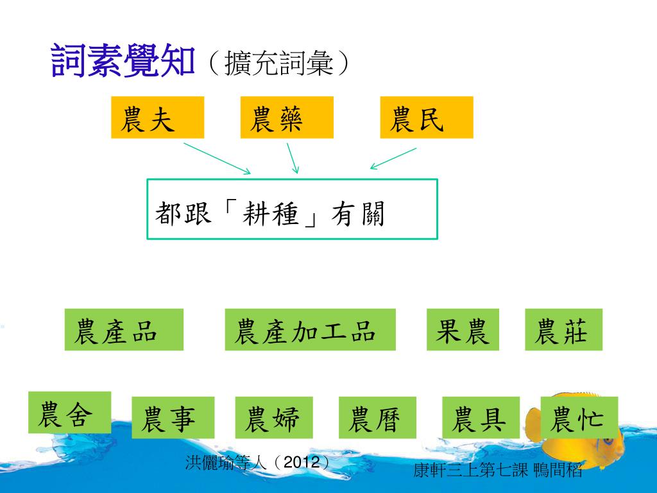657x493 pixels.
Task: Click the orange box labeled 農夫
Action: coord(157,117)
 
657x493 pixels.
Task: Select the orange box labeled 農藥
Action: coord(287,117)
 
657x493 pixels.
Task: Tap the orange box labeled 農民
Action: coord(426,117)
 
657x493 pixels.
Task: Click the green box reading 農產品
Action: coord(124,329)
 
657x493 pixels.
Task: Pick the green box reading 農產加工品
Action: coord(310,329)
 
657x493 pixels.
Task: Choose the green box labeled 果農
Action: coord(462,329)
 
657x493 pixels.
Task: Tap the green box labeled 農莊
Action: coord(563,329)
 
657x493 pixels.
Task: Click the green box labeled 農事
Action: coord(173,417)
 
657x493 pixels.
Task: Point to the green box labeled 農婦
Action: coord(274,417)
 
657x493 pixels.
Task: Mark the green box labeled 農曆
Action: coord(377,417)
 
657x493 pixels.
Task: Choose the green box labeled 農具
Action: coord(481,417)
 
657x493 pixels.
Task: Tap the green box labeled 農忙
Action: coord(579,417)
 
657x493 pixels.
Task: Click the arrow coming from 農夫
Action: coord(217,158)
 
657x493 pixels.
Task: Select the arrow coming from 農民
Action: coord(393,159)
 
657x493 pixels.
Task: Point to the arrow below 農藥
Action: coord(293,158)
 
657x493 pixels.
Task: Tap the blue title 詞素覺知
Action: coord(122,61)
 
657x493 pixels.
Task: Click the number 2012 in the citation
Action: coord(301,462)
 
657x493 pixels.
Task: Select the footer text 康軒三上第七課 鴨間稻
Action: coord(498,471)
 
